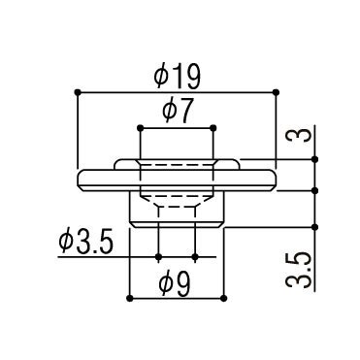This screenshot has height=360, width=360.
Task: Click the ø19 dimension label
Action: [178, 77]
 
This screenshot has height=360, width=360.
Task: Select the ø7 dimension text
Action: [178, 111]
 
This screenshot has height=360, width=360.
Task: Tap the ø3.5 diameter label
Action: [86, 243]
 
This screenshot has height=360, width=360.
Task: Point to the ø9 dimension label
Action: [175, 284]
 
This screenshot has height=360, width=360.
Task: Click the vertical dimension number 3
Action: [298, 135]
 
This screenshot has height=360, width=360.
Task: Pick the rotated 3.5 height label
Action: [298, 271]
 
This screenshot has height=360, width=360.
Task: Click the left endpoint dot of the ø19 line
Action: [78, 92]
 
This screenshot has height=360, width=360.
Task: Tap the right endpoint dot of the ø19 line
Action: [276, 92]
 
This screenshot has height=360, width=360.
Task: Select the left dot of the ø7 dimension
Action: [140, 128]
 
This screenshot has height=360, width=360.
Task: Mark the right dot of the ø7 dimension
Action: [213, 128]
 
